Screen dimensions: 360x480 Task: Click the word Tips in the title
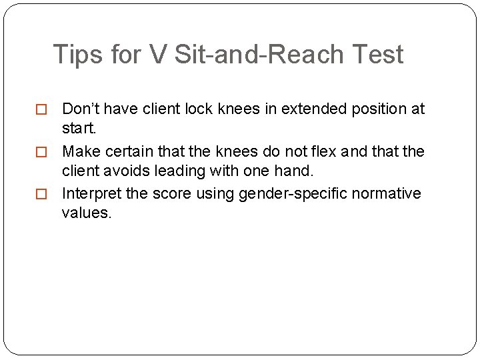click(x=75, y=55)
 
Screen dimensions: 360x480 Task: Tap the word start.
click(x=79, y=127)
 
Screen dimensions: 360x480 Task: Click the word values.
click(x=87, y=213)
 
